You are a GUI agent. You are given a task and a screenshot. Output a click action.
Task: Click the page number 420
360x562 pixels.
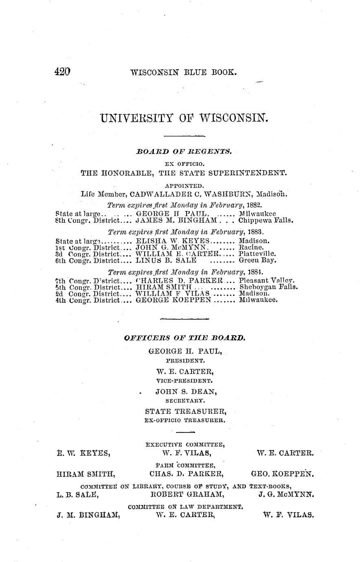pyautogui.click(x=62, y=72)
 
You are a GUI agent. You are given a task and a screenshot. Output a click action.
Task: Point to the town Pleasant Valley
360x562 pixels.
pyautogui.click(x=267, y=281)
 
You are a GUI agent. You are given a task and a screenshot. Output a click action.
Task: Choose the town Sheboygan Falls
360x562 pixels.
pyautogui.click(x=268, y=287)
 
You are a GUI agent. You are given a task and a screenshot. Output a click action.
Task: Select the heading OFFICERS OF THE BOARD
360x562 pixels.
pyautogui.click(x=184, y=338)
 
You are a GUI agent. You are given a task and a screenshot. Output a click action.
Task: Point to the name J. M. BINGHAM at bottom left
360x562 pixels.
pyautogui.click(x=88, y=514)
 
